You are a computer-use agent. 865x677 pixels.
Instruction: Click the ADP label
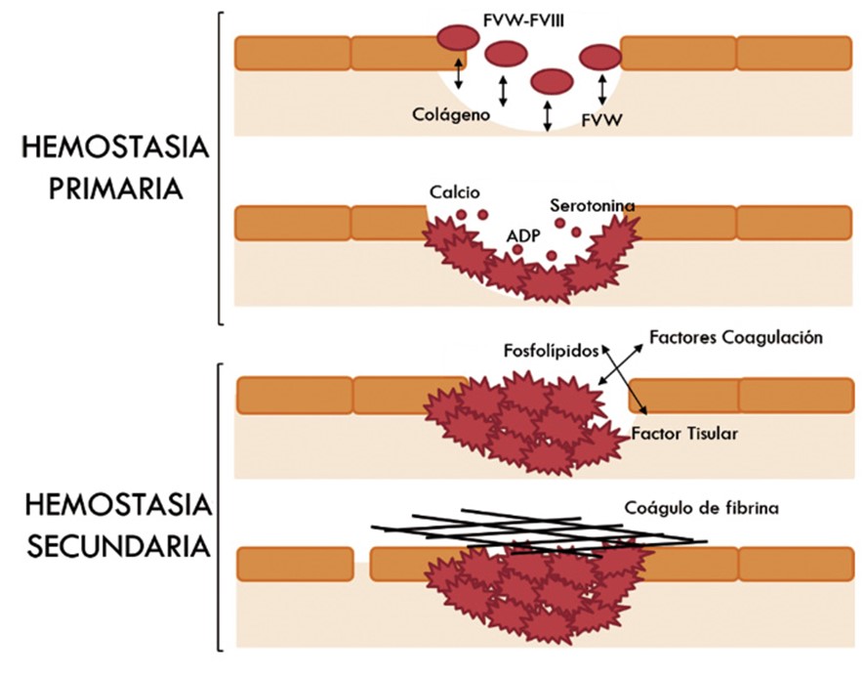(524, 234)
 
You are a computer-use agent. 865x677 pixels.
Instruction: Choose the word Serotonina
(593, 206)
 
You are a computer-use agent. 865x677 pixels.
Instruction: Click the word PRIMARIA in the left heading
(103, 188)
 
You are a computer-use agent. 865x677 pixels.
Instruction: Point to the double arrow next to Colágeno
(503, 89)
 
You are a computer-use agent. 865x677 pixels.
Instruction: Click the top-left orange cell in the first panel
(292, 54)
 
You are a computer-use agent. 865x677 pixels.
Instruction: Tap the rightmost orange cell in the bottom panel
(794, 564)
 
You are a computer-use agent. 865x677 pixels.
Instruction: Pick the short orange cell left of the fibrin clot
(294, 564)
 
